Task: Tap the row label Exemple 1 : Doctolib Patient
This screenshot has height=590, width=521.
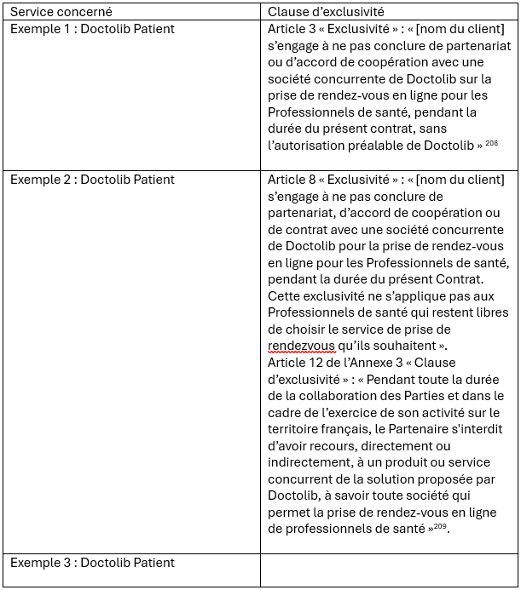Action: [x=92, y=29]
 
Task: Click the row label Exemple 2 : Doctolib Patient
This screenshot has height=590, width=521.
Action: [x=92, y=179]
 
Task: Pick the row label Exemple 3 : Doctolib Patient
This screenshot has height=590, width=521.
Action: [x=92, y=563]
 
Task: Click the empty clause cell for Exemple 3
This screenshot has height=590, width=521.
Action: [x=389, y=570]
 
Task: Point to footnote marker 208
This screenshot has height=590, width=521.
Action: [x=492, y=143]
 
